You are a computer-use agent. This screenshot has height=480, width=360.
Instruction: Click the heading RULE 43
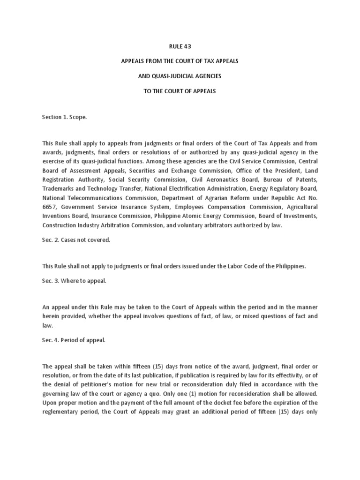click(180, 46)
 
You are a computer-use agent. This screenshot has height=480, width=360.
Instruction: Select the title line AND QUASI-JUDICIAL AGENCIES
click(180, 76)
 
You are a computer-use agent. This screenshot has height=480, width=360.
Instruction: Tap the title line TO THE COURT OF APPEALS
click(180, 91)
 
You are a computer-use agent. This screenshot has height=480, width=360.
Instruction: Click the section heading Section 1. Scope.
click(65, 117)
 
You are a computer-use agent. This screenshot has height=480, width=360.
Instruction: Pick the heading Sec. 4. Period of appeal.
click(74, 340)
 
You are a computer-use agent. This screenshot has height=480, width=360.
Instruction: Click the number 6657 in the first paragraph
click(49, 207)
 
